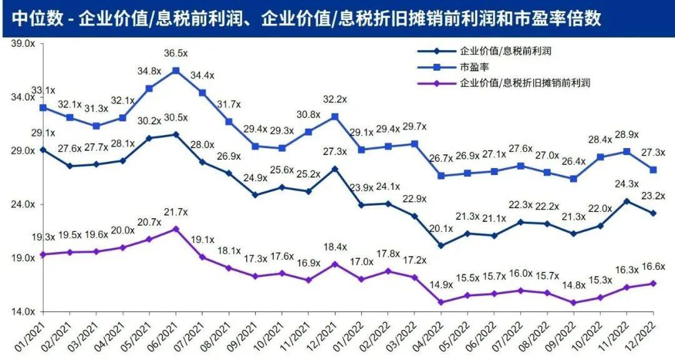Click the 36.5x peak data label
tap(176, 53)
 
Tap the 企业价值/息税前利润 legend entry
tap(485, 51)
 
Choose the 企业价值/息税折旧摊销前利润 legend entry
tap(504, 82)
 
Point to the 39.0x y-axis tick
tap(23, 44)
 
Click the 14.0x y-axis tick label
tap(23, 311)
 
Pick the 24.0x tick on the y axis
tap(23, 204)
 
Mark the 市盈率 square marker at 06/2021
tap(176, 71)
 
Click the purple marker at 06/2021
tap(176, 229)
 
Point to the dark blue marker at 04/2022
tap(441, 246)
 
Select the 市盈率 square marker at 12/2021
tap(335, 117)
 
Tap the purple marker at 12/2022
tap(653, 283)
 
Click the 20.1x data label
tap(441, 229)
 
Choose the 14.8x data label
tap(574, 286)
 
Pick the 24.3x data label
tap(627, 184)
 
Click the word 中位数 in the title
tap(37, 19)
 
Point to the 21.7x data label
tap(176, 212)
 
